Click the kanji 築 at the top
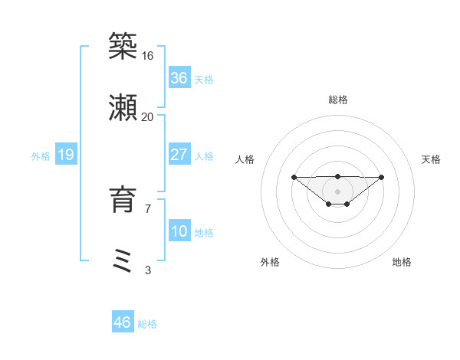123,45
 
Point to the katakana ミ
123,260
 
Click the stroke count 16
148,55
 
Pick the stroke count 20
148,117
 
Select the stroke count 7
148,208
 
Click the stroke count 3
148,270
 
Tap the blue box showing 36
179,78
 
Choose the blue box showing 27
179,155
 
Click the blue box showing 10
179,231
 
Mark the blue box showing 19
66,155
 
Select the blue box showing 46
123,322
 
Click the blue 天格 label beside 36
204,79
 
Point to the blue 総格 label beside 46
147,323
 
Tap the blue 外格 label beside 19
41,155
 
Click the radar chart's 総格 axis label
338,100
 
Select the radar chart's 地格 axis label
402,262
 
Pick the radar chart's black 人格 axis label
245,159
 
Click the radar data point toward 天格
382,177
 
